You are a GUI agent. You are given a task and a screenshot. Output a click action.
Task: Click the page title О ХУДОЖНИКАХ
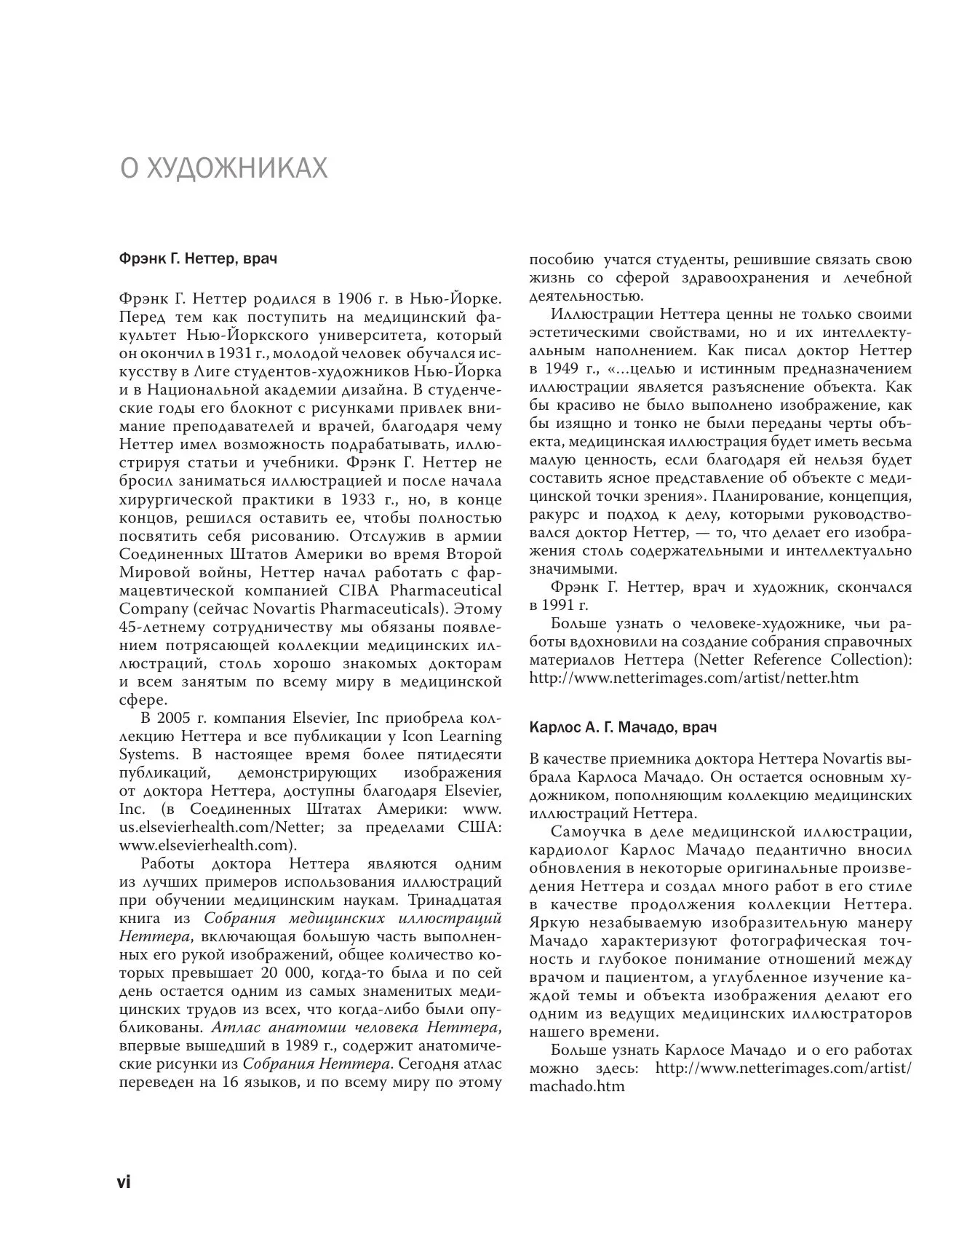223,169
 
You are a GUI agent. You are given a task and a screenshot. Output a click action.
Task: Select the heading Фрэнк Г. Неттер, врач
197,258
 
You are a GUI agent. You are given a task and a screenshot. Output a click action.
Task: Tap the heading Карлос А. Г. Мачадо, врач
623,727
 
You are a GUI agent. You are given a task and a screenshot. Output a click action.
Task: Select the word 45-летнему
155,627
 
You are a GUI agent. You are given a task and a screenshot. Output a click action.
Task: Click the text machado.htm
577,1087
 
